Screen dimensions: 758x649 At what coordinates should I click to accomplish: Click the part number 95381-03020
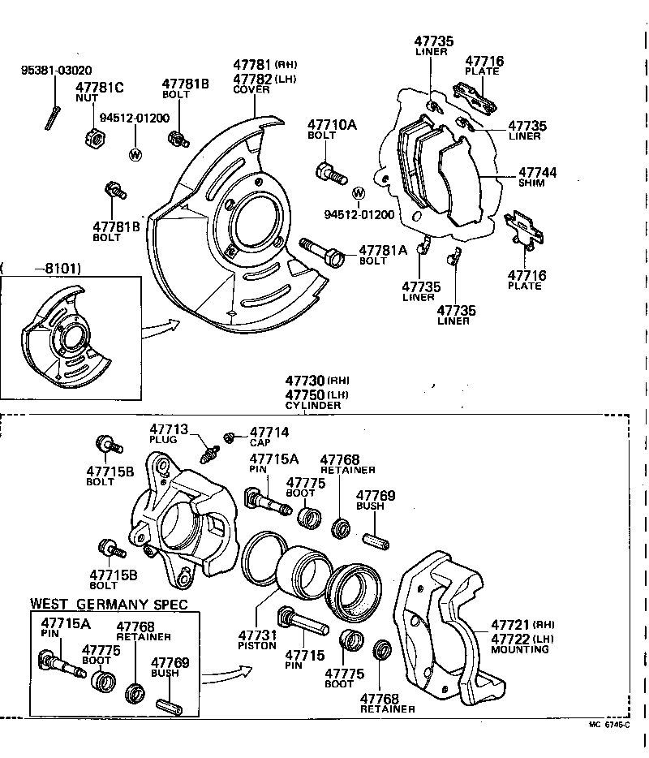coord(56,71)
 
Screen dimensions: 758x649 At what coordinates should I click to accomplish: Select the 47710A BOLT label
coord(332,130)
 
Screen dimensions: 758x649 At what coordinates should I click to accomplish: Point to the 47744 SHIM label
coord(538,177)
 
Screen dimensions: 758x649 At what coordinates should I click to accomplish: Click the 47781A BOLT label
coord(382,255)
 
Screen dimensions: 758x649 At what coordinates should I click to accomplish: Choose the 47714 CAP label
coord(269,437)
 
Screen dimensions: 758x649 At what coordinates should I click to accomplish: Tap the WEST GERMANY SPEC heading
coord(109,604)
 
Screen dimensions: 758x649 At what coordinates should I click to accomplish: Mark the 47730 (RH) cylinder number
coord(316,380)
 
